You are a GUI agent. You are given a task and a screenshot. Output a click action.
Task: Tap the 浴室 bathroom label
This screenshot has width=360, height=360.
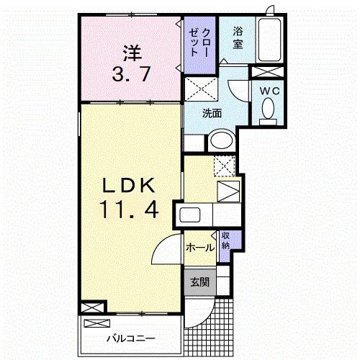click(x=237, y=37)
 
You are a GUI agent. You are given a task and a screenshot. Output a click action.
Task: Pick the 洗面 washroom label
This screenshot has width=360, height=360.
click(x=211, y=112)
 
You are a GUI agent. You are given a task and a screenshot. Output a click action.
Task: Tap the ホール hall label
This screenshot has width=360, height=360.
click(x=199, y=247)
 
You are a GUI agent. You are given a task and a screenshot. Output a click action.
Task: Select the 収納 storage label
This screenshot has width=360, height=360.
click(x=225, y=240)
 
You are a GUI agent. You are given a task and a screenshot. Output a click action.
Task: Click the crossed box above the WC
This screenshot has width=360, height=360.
click(x=266, y=71)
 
